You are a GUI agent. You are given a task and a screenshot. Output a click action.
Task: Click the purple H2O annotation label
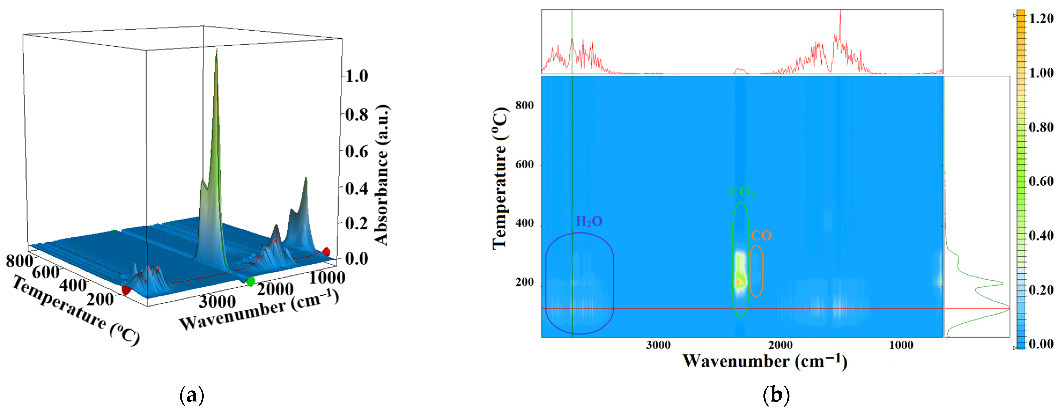tap(589, 222)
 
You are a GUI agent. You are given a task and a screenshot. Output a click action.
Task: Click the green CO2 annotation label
tap(742, 192)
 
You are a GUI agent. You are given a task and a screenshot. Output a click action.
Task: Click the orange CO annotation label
tap(761, 236)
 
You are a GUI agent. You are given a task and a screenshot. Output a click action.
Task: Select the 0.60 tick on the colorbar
tap(1041, 181)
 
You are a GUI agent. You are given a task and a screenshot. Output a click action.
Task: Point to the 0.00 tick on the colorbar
tap(1041, 344)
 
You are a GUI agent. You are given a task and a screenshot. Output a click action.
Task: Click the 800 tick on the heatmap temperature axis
tap(524, 105)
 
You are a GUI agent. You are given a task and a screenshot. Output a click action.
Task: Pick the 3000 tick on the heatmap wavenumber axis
tap(658, 345)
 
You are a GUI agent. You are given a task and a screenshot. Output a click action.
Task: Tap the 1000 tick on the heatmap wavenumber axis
tap(901, 345)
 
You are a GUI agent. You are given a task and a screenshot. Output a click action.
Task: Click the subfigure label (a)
tap(192, 395)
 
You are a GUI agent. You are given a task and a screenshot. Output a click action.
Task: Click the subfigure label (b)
tap(776, 395)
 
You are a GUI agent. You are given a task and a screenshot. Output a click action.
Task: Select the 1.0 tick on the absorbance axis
tap(356, 76)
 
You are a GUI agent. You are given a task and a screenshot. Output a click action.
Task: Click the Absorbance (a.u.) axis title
tap(381, 175)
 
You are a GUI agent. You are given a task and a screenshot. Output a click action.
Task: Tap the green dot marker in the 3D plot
tap(250, 282)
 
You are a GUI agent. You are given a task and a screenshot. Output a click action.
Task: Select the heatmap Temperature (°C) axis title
tap(500, 178)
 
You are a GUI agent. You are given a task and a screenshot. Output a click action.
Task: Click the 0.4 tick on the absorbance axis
tap(356, 189)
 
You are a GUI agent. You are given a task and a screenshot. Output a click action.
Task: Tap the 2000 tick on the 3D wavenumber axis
tap(275, 289)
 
